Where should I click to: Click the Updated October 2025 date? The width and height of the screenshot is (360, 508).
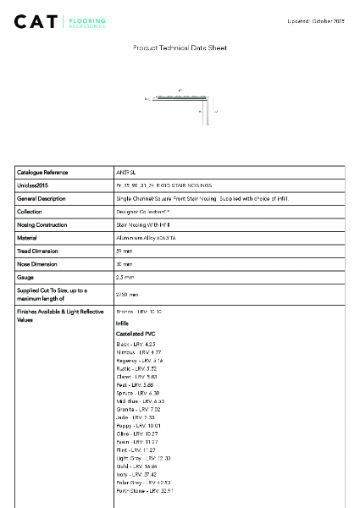click(316, 19)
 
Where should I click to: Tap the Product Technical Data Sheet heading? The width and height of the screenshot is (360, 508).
click(180, 48)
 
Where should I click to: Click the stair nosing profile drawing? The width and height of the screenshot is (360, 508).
click(181, 104)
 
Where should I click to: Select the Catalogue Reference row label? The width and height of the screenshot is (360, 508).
click(42, 172)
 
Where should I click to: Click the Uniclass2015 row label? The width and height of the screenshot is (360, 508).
click(32, 185)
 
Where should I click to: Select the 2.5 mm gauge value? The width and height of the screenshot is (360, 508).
click(125, 277)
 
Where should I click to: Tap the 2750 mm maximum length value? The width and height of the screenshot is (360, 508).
click(127, 294)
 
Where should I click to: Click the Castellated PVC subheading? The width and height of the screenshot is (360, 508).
click(136, 334)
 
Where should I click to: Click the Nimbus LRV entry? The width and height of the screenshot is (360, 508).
click(138, 351)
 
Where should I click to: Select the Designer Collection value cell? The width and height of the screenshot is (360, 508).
click(143, 212)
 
